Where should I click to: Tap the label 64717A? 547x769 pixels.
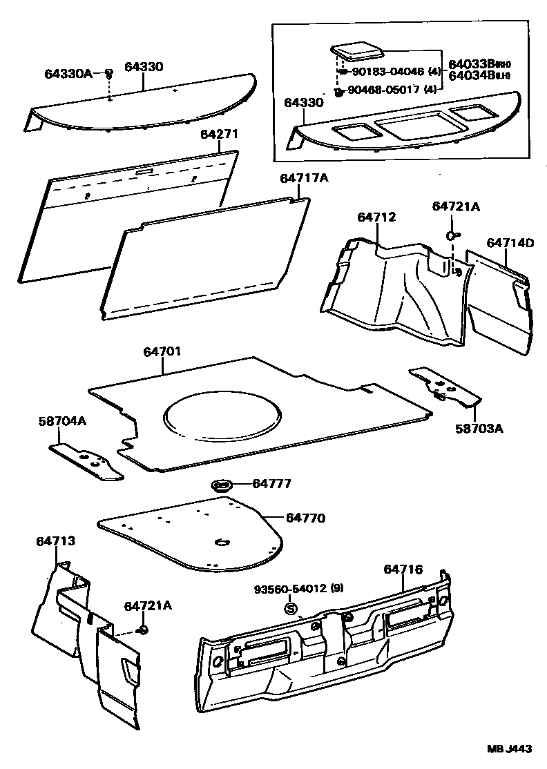click(304, 178)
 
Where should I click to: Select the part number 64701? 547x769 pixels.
click(162, 351)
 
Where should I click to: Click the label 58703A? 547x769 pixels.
click(479, 428)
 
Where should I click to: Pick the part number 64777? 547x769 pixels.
click(271, 485)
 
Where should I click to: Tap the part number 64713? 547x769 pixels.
click(55, 542)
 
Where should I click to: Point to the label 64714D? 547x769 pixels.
click(510, 243)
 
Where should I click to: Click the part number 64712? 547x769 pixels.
click(376, 217)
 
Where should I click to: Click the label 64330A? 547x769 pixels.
click(68, 72)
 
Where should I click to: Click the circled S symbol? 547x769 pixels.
click(291, 609)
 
